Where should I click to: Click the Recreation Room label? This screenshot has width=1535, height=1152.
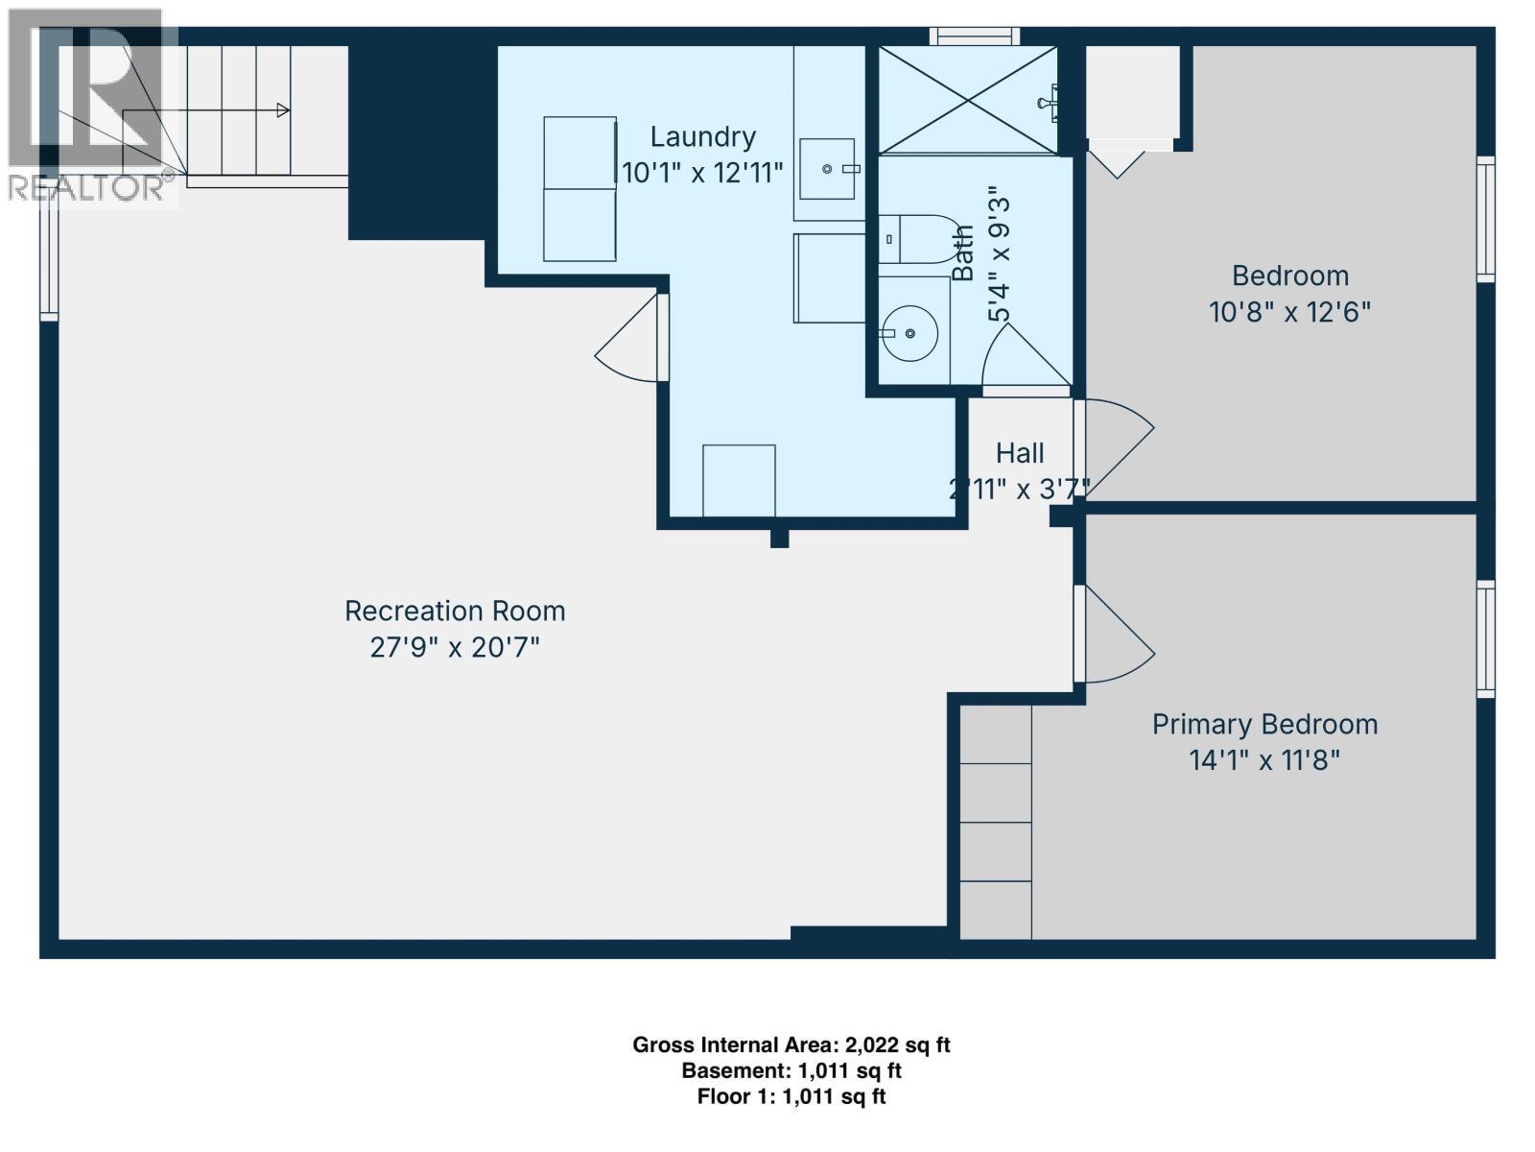[455, 611]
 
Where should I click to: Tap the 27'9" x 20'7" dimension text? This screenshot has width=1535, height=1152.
[455, 647]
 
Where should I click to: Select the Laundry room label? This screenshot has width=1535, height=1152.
[702, 136]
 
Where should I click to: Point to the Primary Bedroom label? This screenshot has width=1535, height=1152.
[1264, 724]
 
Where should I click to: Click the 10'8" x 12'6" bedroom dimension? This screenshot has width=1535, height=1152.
[1289, 312]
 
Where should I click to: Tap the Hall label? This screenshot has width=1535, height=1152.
[1019, 452]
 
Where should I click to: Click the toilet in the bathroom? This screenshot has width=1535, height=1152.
[916, 239]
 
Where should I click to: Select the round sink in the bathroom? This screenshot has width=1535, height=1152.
[909, 333]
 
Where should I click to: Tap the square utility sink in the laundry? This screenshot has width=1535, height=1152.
[827, 169]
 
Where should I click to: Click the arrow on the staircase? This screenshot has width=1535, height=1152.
[282, 110]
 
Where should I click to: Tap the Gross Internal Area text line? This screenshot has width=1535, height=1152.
[791, 1044]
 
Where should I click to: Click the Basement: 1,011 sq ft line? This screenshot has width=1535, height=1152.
[791, 1070]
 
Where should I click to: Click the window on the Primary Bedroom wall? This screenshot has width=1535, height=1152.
[1485, 638]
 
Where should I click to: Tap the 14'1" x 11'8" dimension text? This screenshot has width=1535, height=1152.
[1264, 760]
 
